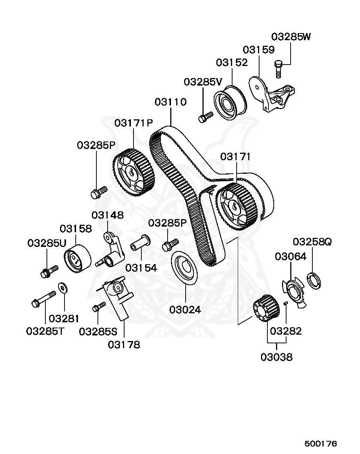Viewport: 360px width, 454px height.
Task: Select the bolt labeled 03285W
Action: point(278,69)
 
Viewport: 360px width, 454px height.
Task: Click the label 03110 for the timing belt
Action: point(171,102)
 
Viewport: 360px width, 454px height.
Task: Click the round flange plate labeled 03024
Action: point(184,268)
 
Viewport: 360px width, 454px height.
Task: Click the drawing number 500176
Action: point(321,443)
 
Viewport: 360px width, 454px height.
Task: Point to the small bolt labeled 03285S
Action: point(99,307)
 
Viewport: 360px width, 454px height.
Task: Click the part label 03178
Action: point(124,344)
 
